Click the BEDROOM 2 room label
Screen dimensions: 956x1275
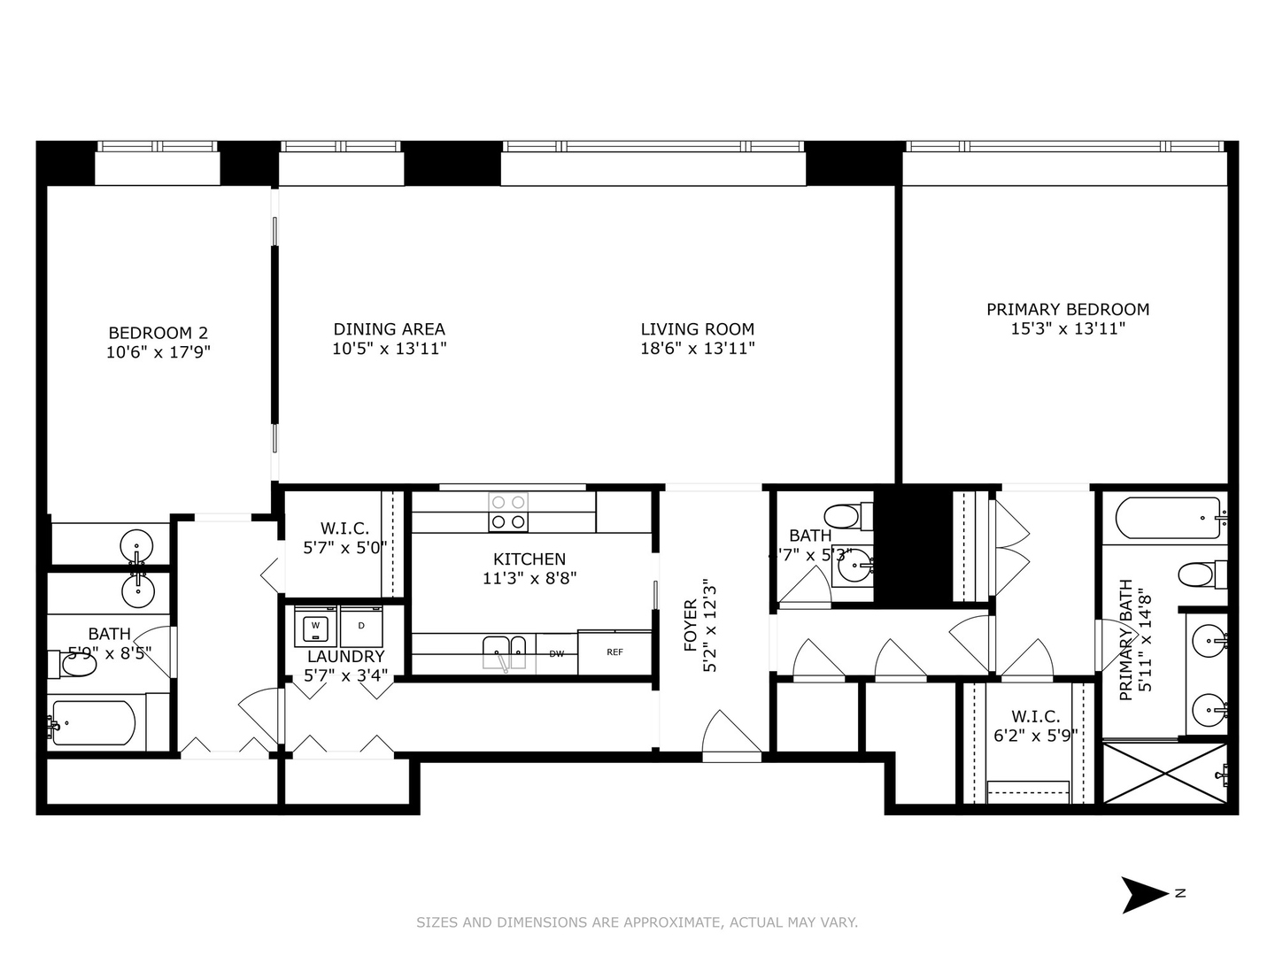(x=158, y=333)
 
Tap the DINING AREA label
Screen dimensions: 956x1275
(x=389, y=328)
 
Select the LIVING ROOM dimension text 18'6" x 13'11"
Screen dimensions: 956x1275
(x=697, y=348)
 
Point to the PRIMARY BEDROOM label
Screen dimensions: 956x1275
(x=1068, y=309)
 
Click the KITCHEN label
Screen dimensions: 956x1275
(x=529, y=559)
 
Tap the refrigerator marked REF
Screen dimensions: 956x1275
(x=614, y=652)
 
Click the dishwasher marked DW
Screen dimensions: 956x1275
(x=556, y=654)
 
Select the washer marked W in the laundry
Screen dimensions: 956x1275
(x=315, y=627)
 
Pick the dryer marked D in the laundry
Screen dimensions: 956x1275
(x=360, y=627)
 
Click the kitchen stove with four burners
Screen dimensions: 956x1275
(x=508, y=512)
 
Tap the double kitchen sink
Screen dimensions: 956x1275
(x=505, y=653)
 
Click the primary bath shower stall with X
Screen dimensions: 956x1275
(x=1165, y=773)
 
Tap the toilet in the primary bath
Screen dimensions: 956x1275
(x=1201, y=574)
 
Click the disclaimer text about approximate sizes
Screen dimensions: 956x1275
(x=637, y=922)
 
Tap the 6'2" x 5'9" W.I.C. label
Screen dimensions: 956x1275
(x=1035, y=725)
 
